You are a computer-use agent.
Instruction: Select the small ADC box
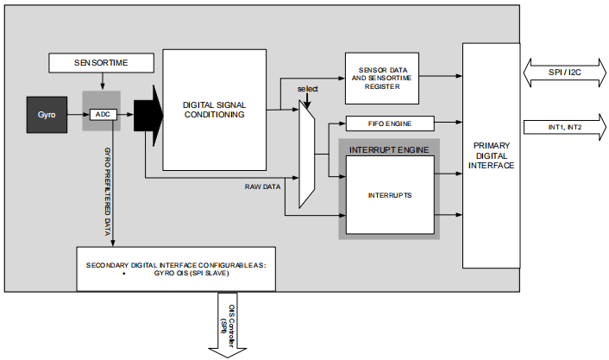[x=102, y=115]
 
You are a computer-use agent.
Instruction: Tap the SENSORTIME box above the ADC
[x=102, y=63]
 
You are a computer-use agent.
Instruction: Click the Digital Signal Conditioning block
[x=214, y=110]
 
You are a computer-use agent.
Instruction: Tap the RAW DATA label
[x=264, y=185]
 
